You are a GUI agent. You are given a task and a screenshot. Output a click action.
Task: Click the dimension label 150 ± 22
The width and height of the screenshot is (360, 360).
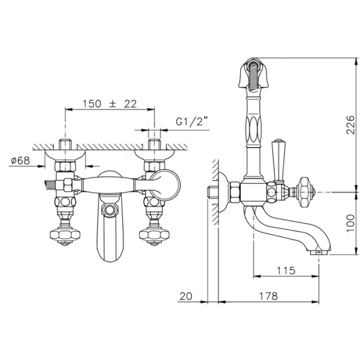coord(110,104)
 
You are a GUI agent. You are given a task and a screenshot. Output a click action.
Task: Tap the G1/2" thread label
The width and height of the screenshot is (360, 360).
coord(192,121)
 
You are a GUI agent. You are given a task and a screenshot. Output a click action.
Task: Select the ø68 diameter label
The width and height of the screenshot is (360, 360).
coord(20,160)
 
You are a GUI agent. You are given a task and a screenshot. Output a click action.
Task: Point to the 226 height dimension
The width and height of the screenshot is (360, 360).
coord(350,125)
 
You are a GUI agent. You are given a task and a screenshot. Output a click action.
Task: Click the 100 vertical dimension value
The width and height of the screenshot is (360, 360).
coord(350,223)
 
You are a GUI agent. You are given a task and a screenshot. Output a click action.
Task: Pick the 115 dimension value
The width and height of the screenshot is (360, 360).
coord(286,271)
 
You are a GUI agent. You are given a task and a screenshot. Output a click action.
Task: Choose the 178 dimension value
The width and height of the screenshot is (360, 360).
coord(268,296)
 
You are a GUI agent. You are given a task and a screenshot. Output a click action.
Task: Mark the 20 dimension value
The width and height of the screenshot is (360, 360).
coord(186,296)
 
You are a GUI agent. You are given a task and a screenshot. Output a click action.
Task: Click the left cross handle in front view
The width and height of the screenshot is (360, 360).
coord(65,235)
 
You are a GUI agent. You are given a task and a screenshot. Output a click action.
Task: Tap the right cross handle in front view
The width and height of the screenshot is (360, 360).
coord(154,235)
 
